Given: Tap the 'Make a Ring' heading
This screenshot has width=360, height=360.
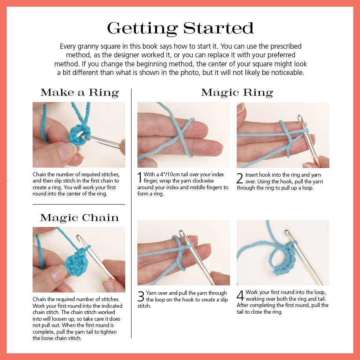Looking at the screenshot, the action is pyautogui.click(x=80, y=93).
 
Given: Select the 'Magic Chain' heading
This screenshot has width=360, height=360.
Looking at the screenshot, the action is pyautogui.click(x=79, y=217).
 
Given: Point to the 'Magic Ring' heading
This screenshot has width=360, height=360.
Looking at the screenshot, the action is pyautogui.click(x=237, y=93).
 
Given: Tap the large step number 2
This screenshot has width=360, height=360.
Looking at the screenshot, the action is pyautogui.click(x=240, y=178).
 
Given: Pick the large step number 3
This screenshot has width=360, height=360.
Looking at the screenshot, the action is pyautogui.click(x=141, y=296).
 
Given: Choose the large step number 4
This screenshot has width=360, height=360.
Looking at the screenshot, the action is pyautogui.click(x=240, y=295).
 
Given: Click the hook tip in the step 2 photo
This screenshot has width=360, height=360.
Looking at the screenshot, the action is pyautogui.click(x=299, y=117).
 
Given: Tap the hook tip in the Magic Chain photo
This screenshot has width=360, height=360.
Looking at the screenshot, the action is pyautogui.click(x=79, y=237).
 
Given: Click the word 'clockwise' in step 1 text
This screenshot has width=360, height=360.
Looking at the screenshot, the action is pyautogui.click(x=203, y=181).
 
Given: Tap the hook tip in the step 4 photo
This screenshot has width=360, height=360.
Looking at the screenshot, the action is pyautogui.click(x=287, y=232).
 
